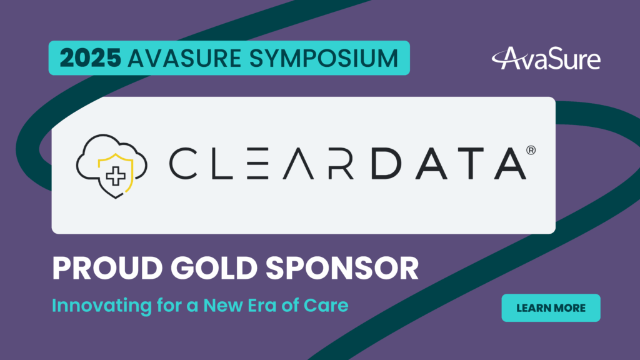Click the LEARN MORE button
pyautogui.click(x=551, y=307)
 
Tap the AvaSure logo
pyautogui.click(x=546, y=58)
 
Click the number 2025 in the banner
pyautogui.click(x=90, y=58)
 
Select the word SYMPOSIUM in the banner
pyautogui.click(x=323, y=58)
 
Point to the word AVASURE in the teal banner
pyautogui.click(x=184, y=58)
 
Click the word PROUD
pyautogui.click(x=107, y=268)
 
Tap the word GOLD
pyautogui.click(x=214, y=268)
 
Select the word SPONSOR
pyautogui.click(x=342, y=268)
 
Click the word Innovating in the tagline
pyautogui.click(x=102, y=306)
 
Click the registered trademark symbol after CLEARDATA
pyautogui.click(x=531, y=150)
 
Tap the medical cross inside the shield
pyautogui.click(x=116, y=176)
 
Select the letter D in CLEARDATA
pyautogui.click(x=386, y=163)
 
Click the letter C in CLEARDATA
pyautogui.click(x=183, y=163)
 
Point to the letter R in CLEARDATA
pyautogui.click(x=341, y=163)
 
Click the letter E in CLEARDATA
pyautogui.click(x=257, y=163)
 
